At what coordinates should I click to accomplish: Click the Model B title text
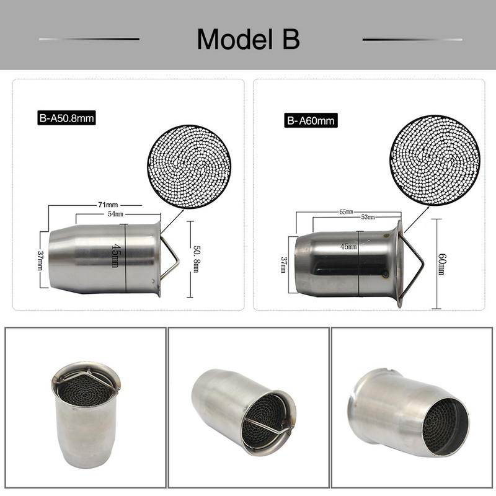coord(248,39)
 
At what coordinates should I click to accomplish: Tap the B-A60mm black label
coord(311,120)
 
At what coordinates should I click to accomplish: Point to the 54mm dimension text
coord(116,214)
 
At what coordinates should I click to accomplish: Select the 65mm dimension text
coord(347,211)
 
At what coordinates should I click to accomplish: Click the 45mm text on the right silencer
coord(348,246)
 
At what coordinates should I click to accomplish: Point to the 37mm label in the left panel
coord(40,260)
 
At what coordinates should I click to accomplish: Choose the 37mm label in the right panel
coord(284,265)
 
